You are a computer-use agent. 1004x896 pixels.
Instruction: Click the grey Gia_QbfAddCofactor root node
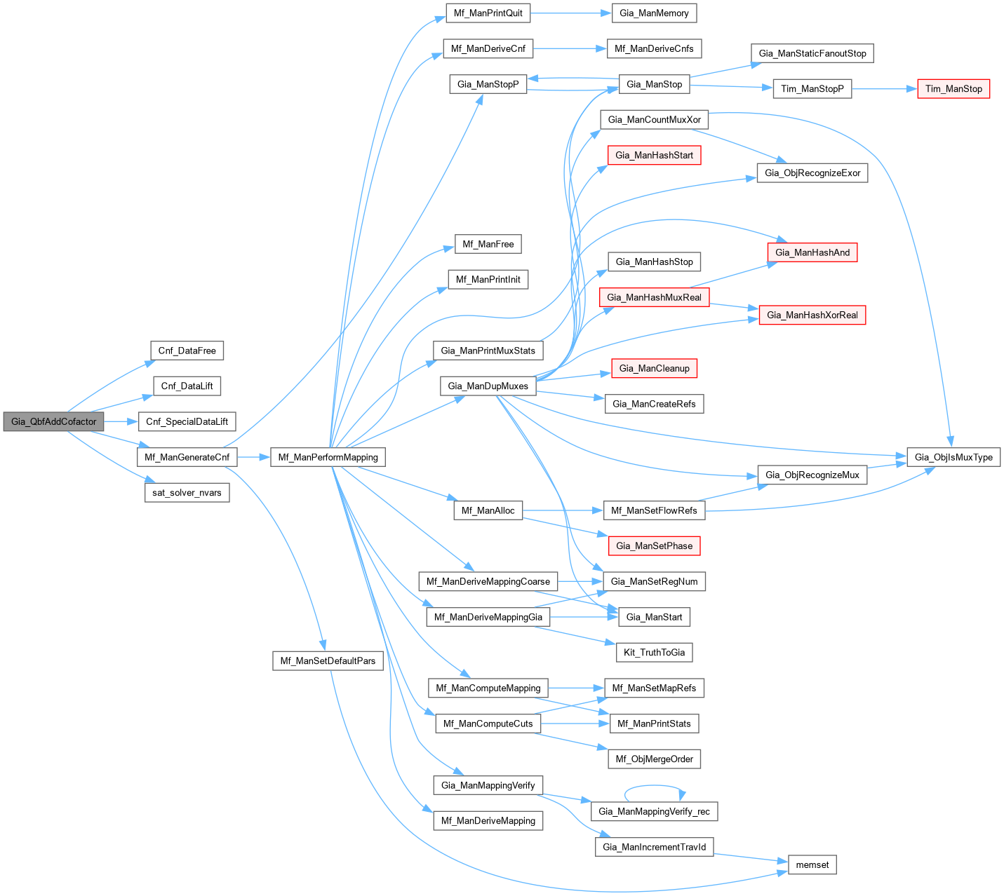tap(54, 421)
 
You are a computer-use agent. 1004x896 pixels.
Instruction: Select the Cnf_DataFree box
tap(187, 351)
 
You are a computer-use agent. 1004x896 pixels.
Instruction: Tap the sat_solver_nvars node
tap(187, 493)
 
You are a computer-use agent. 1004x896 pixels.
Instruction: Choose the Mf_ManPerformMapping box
tap(328, 457)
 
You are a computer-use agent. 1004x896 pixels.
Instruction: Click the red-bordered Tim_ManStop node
tap(953, 88)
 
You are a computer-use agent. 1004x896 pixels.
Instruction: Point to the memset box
tap(812, 865)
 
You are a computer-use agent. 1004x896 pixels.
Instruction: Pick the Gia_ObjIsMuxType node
tap(953, 457)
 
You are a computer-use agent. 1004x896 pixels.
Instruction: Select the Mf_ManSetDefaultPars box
tap(328, 660)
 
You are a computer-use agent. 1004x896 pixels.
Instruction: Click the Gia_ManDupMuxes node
tap(488, 386)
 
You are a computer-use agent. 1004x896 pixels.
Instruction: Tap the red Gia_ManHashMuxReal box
tap(654, 297)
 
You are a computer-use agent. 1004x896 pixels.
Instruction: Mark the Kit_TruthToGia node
tap(654, 652)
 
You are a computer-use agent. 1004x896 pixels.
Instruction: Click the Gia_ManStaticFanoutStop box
tap(812, 53)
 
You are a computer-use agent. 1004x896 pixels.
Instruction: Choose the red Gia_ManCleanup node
tap(654, 368)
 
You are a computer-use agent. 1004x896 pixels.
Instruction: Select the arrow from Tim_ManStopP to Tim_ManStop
tap(884, 89)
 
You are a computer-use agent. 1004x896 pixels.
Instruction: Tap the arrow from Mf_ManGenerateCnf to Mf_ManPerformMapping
tap(253, 457)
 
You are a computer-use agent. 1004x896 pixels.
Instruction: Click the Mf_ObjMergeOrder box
tap(654, 759)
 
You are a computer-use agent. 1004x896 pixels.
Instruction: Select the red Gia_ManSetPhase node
tap(654, 545)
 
